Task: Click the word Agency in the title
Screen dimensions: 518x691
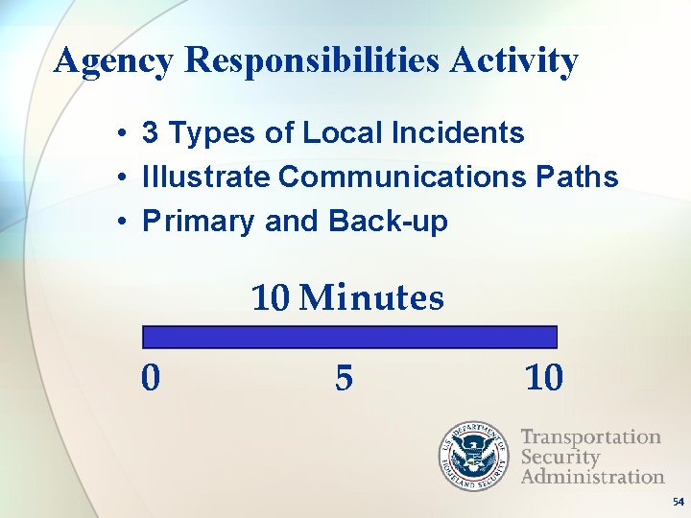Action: (x=114, y=61)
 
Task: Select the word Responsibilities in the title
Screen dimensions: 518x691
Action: (x=314, y=61)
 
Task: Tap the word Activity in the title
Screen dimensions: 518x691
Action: (x=515, y=61)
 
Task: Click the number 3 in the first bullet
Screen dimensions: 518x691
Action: (x=151, y=132)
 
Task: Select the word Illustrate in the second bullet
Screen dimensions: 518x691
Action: (x=206, y=177)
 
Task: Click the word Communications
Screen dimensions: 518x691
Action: (x=402, y=177)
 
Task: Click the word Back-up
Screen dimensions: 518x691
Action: (x=388, y=221)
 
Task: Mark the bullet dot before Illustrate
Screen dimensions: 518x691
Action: (x=125, y=177)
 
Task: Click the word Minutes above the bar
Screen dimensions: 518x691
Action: (x=371, y=298)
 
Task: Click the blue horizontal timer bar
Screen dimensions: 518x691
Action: (x=349, y=337)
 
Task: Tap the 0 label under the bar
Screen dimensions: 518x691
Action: (x=151, y=378)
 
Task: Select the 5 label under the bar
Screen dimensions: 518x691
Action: (x=344, y=378)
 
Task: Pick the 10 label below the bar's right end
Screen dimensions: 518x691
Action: (x=544, y=378)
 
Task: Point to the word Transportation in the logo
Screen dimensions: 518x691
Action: (x=590, y=437)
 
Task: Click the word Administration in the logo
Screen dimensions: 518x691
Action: (x=592, y=476)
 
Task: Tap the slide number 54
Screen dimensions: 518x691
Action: (x=679, y=502)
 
